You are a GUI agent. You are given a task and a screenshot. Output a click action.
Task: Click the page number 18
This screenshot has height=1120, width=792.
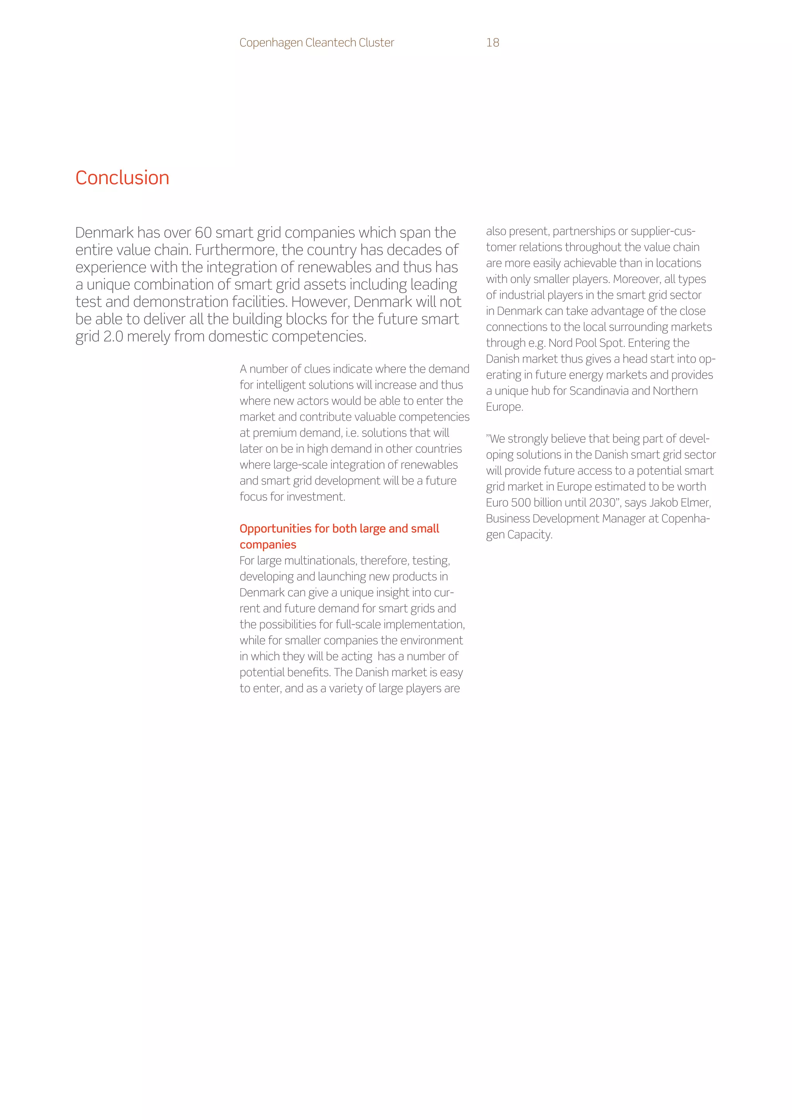[x=493, y=43]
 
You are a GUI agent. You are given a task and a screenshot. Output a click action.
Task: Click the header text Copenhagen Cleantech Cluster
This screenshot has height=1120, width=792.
[x=316, y=43]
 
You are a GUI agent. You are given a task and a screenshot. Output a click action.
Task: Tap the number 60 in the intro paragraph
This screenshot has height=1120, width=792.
[x=203, y=233]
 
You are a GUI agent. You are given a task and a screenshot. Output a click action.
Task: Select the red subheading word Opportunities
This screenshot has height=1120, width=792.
[x=275, y=529]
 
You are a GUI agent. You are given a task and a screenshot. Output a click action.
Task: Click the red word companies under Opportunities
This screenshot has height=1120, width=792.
[x=268, y=545]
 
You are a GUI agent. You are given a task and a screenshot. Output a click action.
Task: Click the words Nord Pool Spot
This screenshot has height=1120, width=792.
[x=586, y=343]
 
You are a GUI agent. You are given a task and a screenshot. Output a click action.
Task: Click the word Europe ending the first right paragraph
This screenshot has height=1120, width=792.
[x=504, y=407]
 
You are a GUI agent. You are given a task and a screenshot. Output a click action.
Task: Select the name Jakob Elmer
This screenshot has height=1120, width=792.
[x=680, y=503]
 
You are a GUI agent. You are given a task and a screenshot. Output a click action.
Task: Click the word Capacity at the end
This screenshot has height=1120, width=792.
[x=529, y=535]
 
